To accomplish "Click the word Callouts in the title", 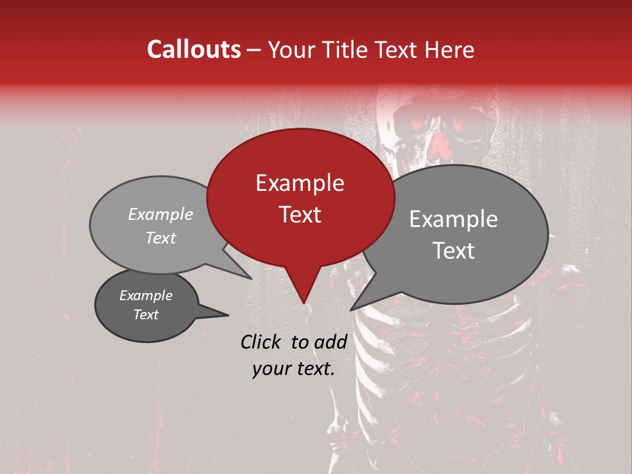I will coord(194,49).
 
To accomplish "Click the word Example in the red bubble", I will coord(300,183).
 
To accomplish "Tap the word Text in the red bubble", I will coord(300,215).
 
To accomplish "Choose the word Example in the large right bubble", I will coord(454,219).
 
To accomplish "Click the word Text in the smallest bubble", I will coord(146,315).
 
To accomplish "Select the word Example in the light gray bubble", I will coord(161,215).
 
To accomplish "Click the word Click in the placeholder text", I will coord(261,342).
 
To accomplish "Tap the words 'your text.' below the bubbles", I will coord(294,369).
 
